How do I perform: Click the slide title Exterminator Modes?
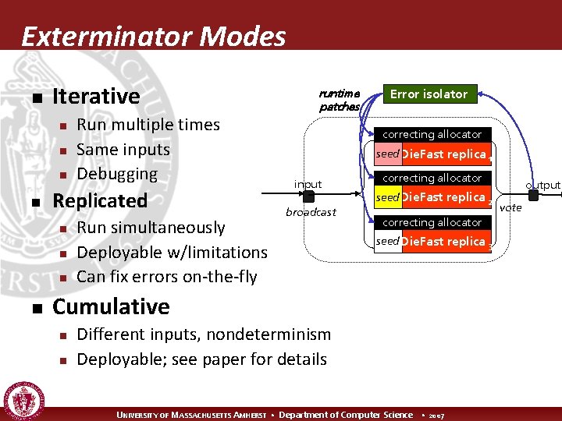pyautogui.click(x=154, y=36)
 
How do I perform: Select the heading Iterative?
pyautogui.click(x=95, y=97)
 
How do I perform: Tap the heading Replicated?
pyautogui.click(x=99, y=200)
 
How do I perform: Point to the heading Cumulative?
pyautogui.click(x=110, y=306)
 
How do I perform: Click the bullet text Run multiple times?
pyautogui.click(x=148, y=125)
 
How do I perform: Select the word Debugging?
pyautogui.click(x=117, y=174)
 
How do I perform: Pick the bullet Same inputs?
pyautogui.click(x=123, y=149)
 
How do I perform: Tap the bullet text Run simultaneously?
pyautogui.click(x=151, y=228)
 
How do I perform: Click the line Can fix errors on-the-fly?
pyautogui.click(x=167, y=277)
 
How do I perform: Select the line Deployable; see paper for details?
pyautogui.click(x=201, y=359)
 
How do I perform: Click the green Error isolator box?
pyautogui.click(x=429, y=94)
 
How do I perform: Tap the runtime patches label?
pyautogui.click(x=339, y=100)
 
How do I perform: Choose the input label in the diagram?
pyautogui.click(x=308, y=184)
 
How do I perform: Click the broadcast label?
pyautogui.click(x=310, y=212)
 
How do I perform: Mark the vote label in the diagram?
pyautogui.click(x=510, y=207)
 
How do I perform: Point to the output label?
pyautogui.click(x=542, y=185)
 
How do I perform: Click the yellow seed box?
pyautogui.click(x=387, y=198)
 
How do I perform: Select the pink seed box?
pyautogui.click(x=387, y=154)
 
